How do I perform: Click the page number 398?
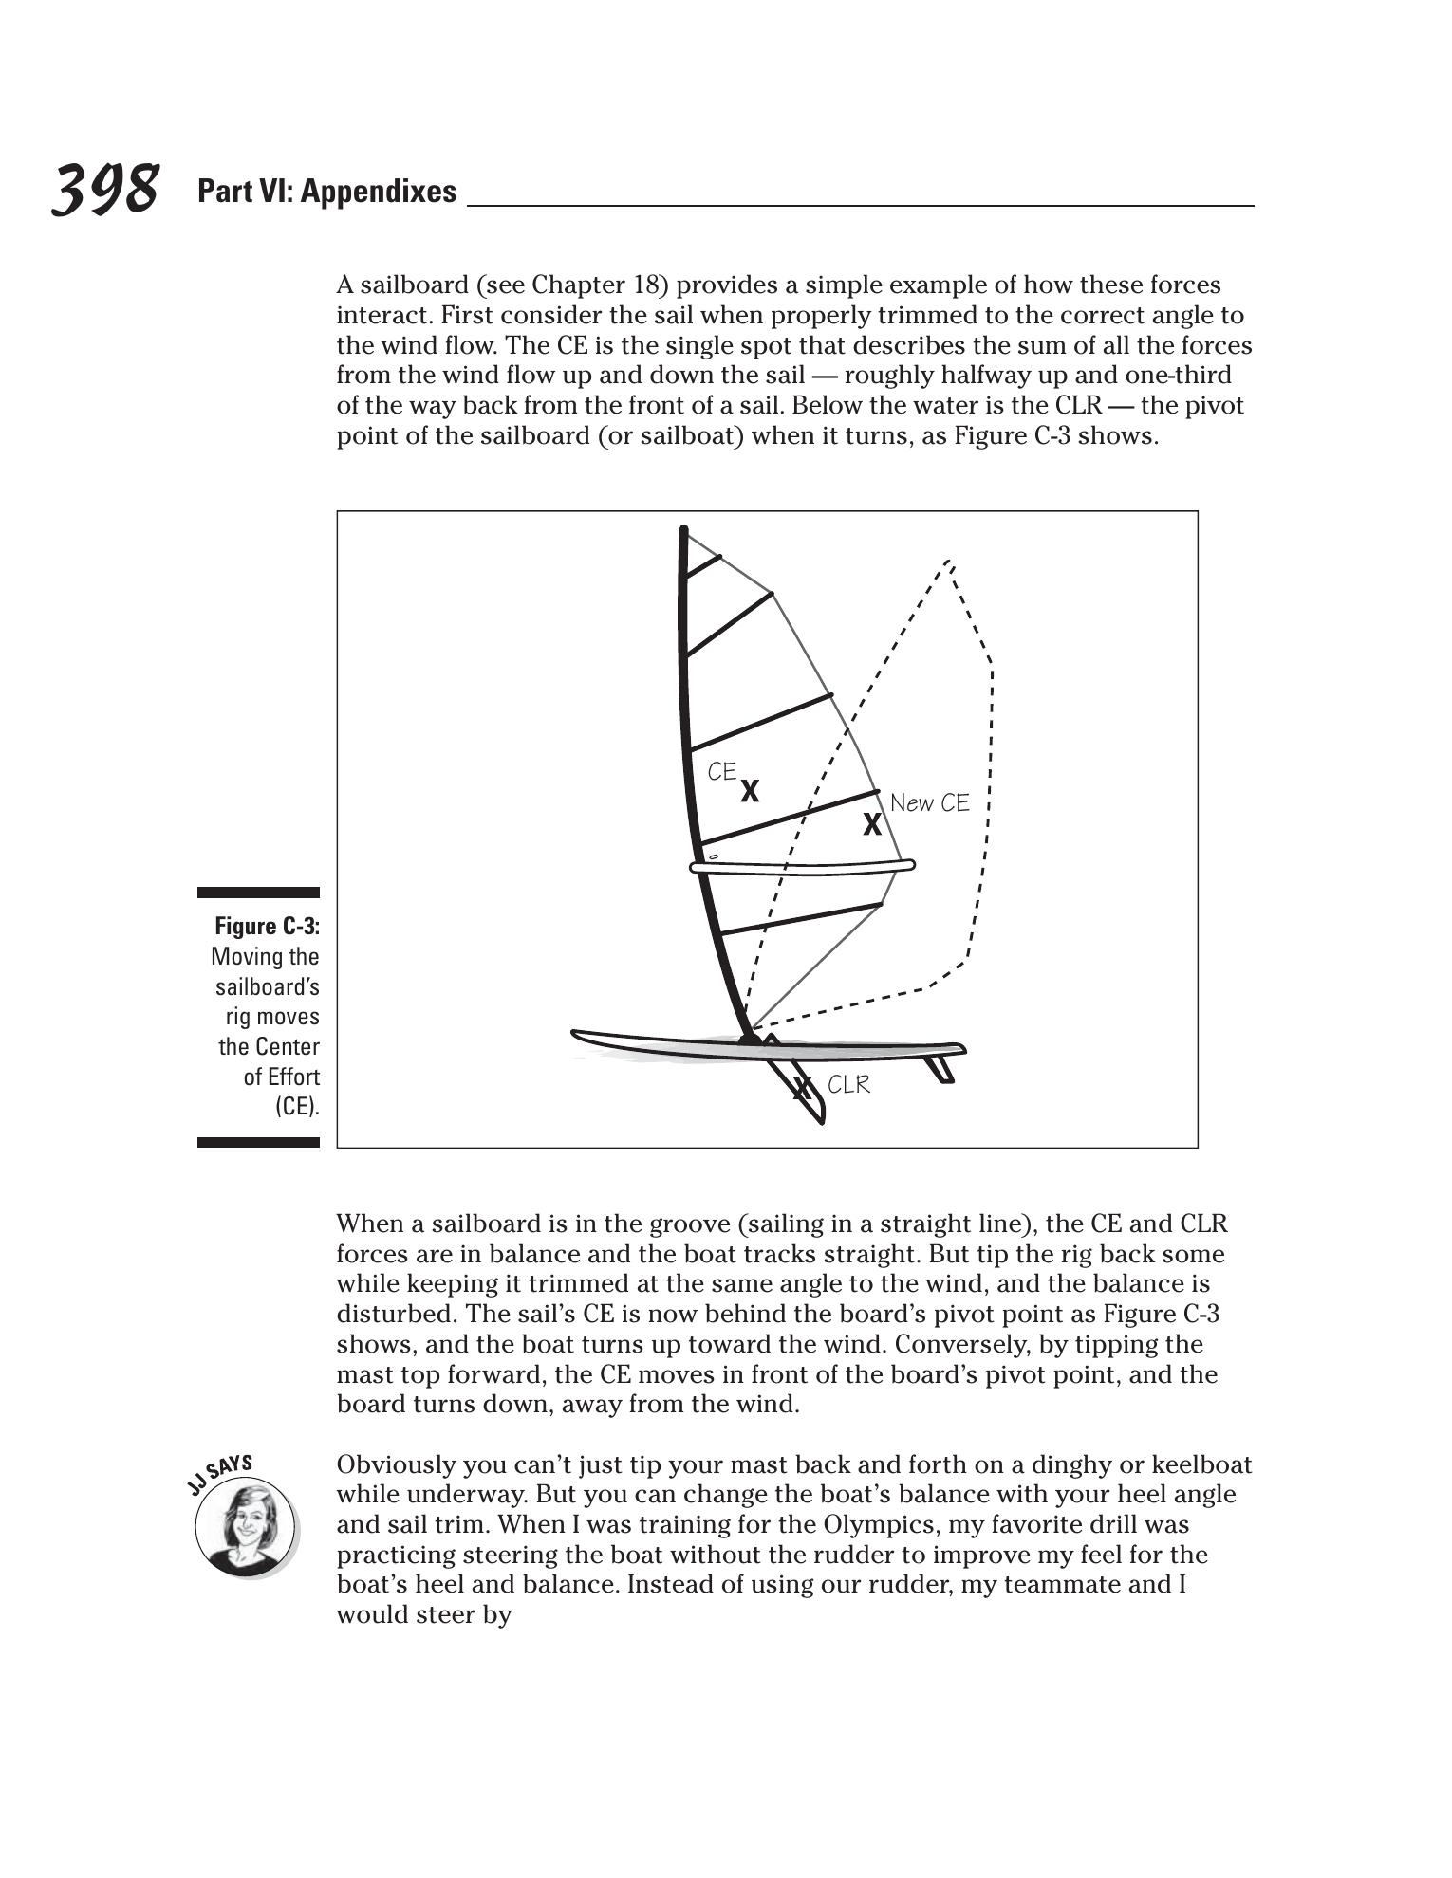(104, 189)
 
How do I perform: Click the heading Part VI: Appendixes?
(326, 192)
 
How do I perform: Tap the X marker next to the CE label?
(750, 791)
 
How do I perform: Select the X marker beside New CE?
(871, 825)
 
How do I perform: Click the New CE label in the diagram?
(929, 803)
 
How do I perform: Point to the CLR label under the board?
(848, 1084)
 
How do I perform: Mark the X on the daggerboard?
(803, 1087)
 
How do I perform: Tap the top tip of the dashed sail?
(948, 562)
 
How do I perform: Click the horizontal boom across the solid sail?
(802, 866)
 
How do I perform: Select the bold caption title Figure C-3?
(267, 926)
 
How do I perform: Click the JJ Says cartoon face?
(245, 1526)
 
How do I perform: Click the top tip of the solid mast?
(683, 528)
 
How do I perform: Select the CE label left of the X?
(721, 772)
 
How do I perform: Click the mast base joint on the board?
(750, 1040)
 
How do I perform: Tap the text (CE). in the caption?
(297, 1106)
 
